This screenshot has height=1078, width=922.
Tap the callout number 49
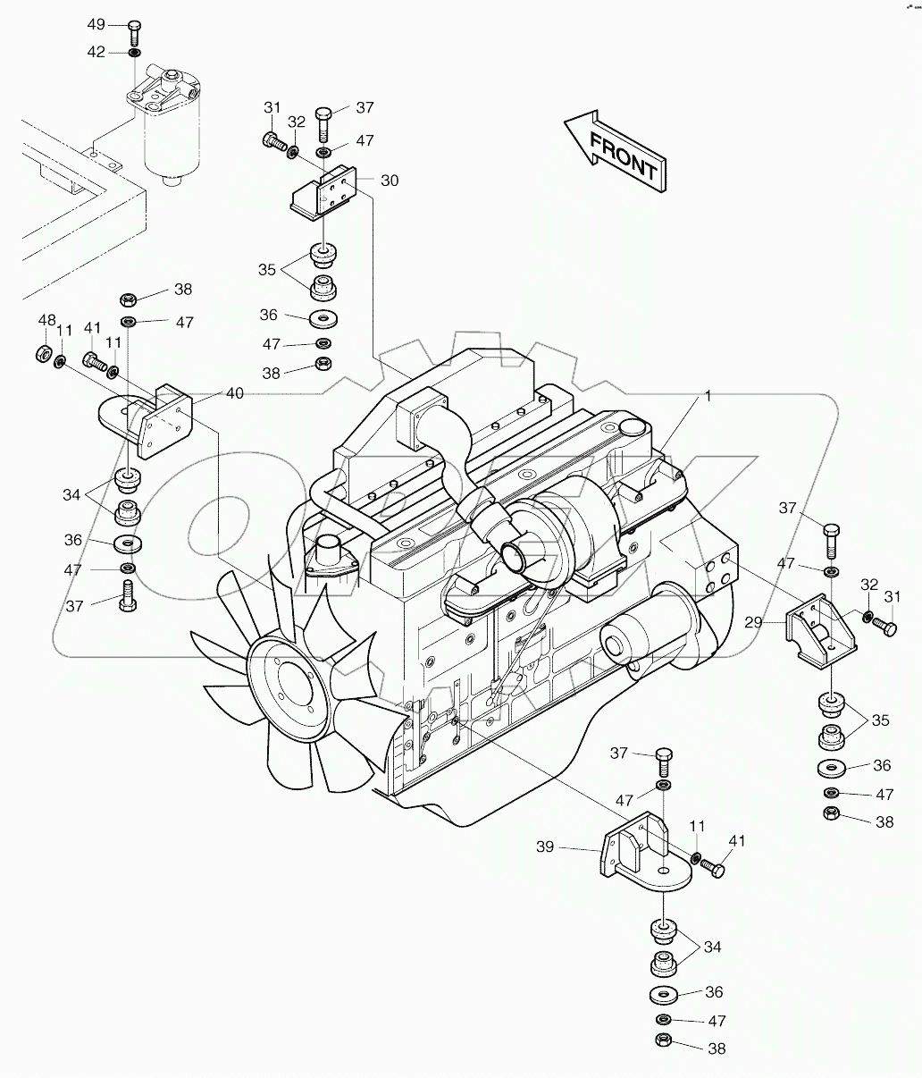96,24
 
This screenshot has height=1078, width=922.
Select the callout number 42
96,53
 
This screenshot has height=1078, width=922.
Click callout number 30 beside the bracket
390,180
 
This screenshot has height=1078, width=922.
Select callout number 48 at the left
46,320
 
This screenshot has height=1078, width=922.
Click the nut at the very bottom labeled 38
663,1042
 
